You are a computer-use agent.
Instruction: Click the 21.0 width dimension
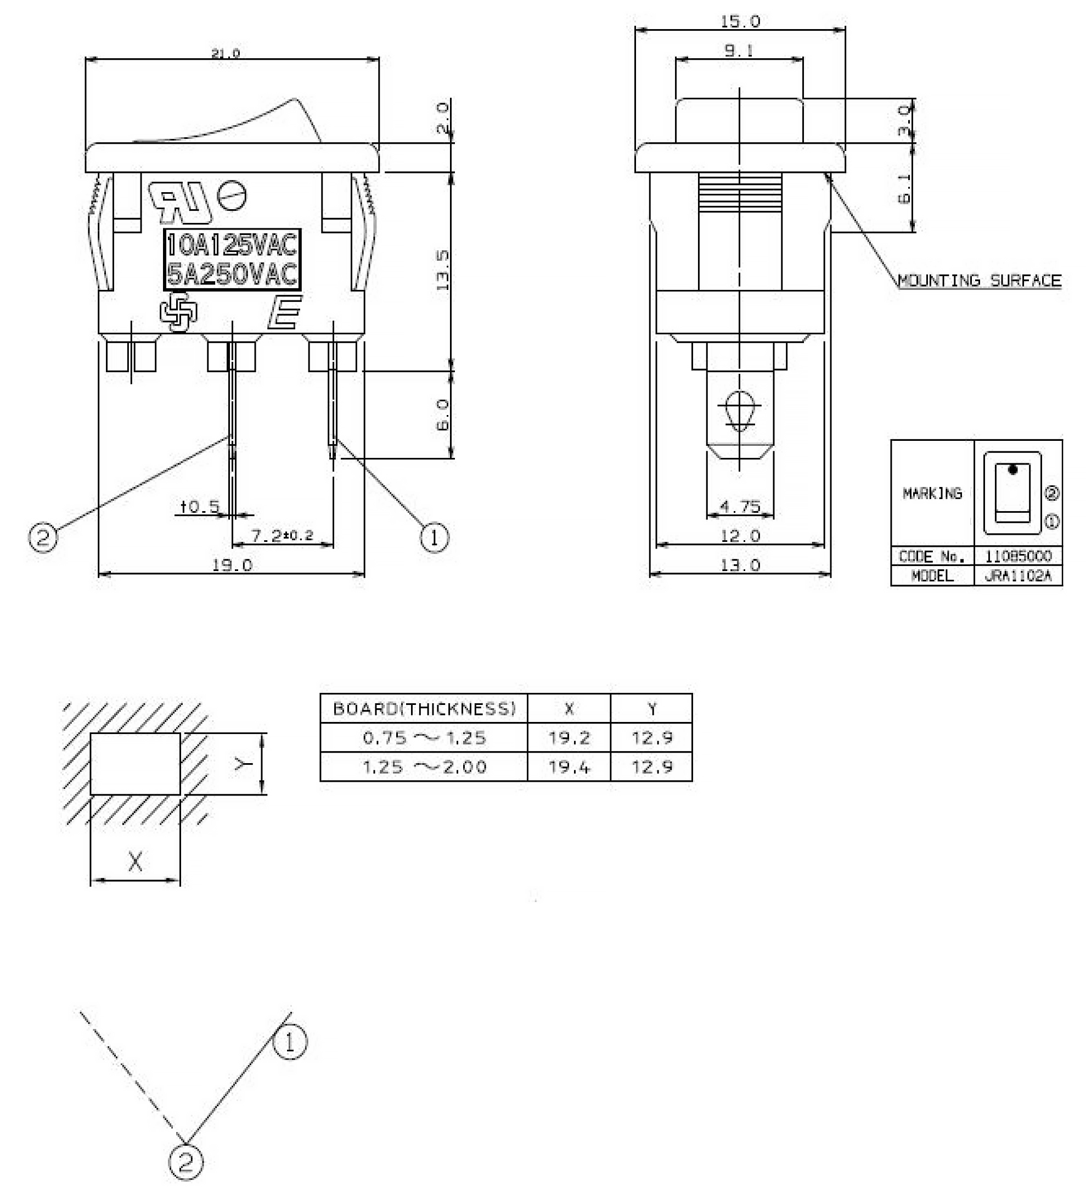point(226,53)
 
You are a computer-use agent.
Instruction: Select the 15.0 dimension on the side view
point(740,21)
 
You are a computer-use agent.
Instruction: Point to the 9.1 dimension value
point(739,51)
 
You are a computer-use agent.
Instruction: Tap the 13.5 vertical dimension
point(442,271)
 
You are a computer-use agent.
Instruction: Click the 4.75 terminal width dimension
point(740,506)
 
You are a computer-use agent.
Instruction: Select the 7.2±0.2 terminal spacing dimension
point(282,535)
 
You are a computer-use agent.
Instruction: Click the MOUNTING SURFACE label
point(979,281)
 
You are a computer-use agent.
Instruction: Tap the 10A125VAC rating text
point(232,245)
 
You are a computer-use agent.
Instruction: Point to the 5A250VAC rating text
point(232,275)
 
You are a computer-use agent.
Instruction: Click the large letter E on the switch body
point(285,312)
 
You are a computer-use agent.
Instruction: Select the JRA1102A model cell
point(1017,575)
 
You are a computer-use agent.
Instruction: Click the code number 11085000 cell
point(1017,556)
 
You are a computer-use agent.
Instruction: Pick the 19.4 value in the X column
point(569,766)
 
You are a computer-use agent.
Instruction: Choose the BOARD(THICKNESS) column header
point(424,709)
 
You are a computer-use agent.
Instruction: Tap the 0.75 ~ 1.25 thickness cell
point(424,738)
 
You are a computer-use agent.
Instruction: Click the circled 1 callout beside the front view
point(434,537)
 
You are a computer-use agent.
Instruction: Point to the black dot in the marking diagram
point(1012,470)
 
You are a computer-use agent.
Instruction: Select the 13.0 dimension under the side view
point(740,565)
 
